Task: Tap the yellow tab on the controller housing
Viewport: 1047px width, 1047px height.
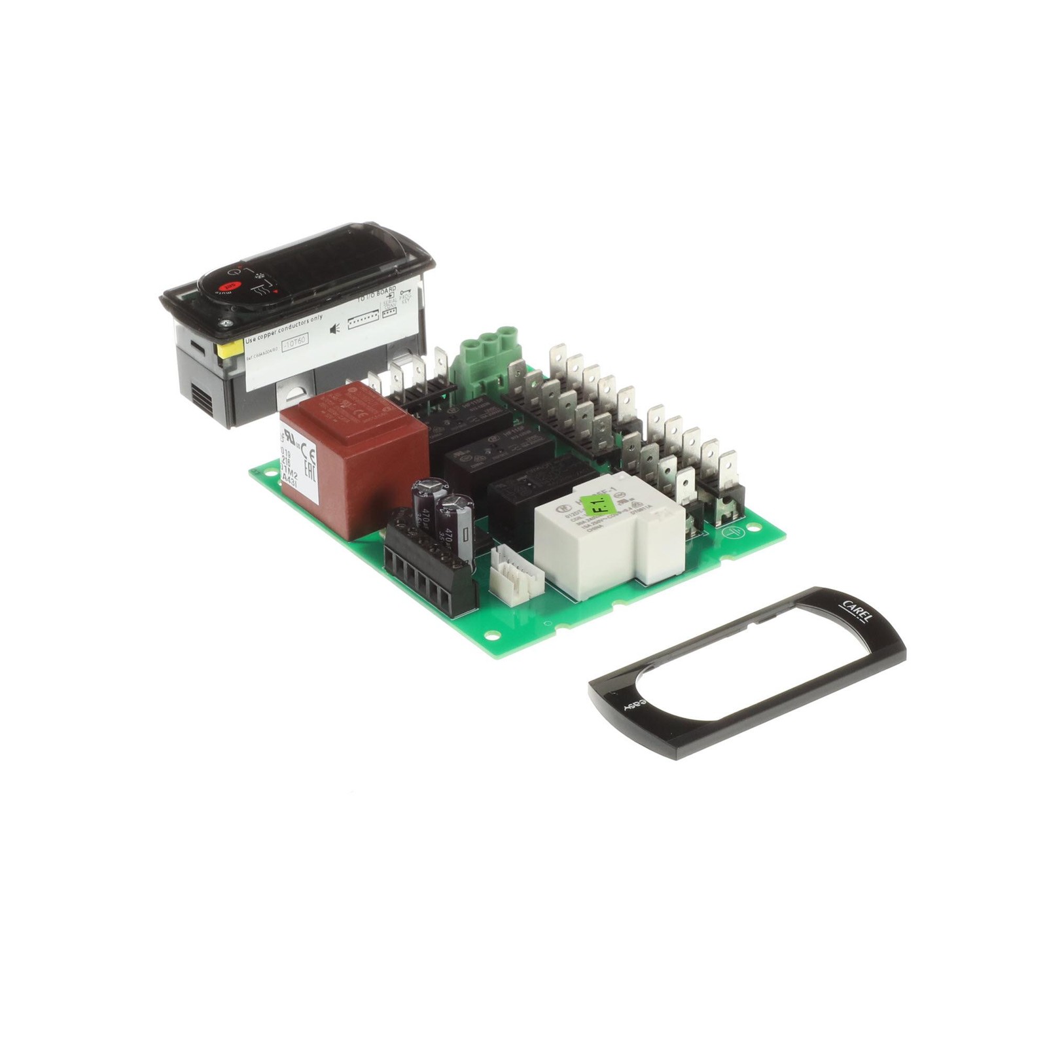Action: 230,349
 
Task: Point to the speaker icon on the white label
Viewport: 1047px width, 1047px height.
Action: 334,328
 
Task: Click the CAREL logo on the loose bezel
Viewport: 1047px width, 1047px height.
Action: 855,611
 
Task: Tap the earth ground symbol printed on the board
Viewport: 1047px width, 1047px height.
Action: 730,532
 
